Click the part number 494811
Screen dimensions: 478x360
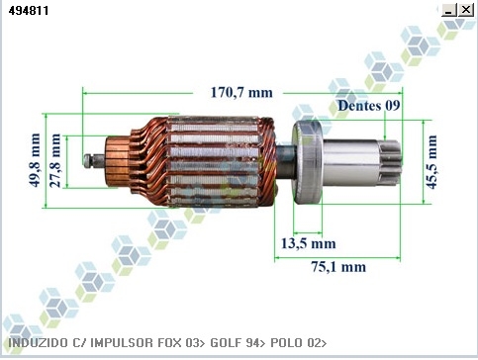point(29,11)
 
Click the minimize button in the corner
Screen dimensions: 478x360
point(448,10)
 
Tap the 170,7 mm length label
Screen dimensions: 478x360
point(241,92)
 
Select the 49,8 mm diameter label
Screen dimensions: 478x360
point(35,160)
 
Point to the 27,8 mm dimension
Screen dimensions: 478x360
point(55,160)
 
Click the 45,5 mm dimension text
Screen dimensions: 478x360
point(431,162)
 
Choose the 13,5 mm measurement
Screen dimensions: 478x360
point(309,243)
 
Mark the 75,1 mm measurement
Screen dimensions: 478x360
point(338,266)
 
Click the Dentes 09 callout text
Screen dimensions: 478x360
point(369,106)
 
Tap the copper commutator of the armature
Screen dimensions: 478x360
point(118,161)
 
